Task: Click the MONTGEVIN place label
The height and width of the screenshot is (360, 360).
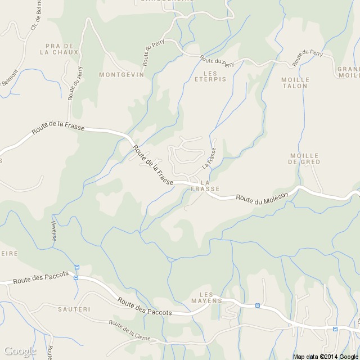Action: click(x=121, y=74)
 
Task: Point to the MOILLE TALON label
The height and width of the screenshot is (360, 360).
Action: click(x=294, y=83)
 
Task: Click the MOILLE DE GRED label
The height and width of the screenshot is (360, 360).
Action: click(x=304, y=158)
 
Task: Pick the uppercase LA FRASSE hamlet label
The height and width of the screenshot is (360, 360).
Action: click(x=205, y=186)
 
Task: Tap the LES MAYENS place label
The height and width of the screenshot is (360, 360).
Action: click(x=211, y=298)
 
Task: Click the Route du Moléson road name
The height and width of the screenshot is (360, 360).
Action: click(x=262, y=197)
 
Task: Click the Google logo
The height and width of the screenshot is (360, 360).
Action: click(x=19, y=351)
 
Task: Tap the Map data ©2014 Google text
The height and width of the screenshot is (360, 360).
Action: click(x=325, y=356)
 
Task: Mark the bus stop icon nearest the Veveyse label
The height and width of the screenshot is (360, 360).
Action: click(x=77, y=267)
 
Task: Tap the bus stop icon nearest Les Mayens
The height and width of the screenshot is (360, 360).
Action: click(x=258, y=305)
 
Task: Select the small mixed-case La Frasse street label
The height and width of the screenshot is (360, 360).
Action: click(x=209, y=157)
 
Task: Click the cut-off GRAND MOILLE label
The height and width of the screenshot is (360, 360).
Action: click(x=349, y=72)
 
